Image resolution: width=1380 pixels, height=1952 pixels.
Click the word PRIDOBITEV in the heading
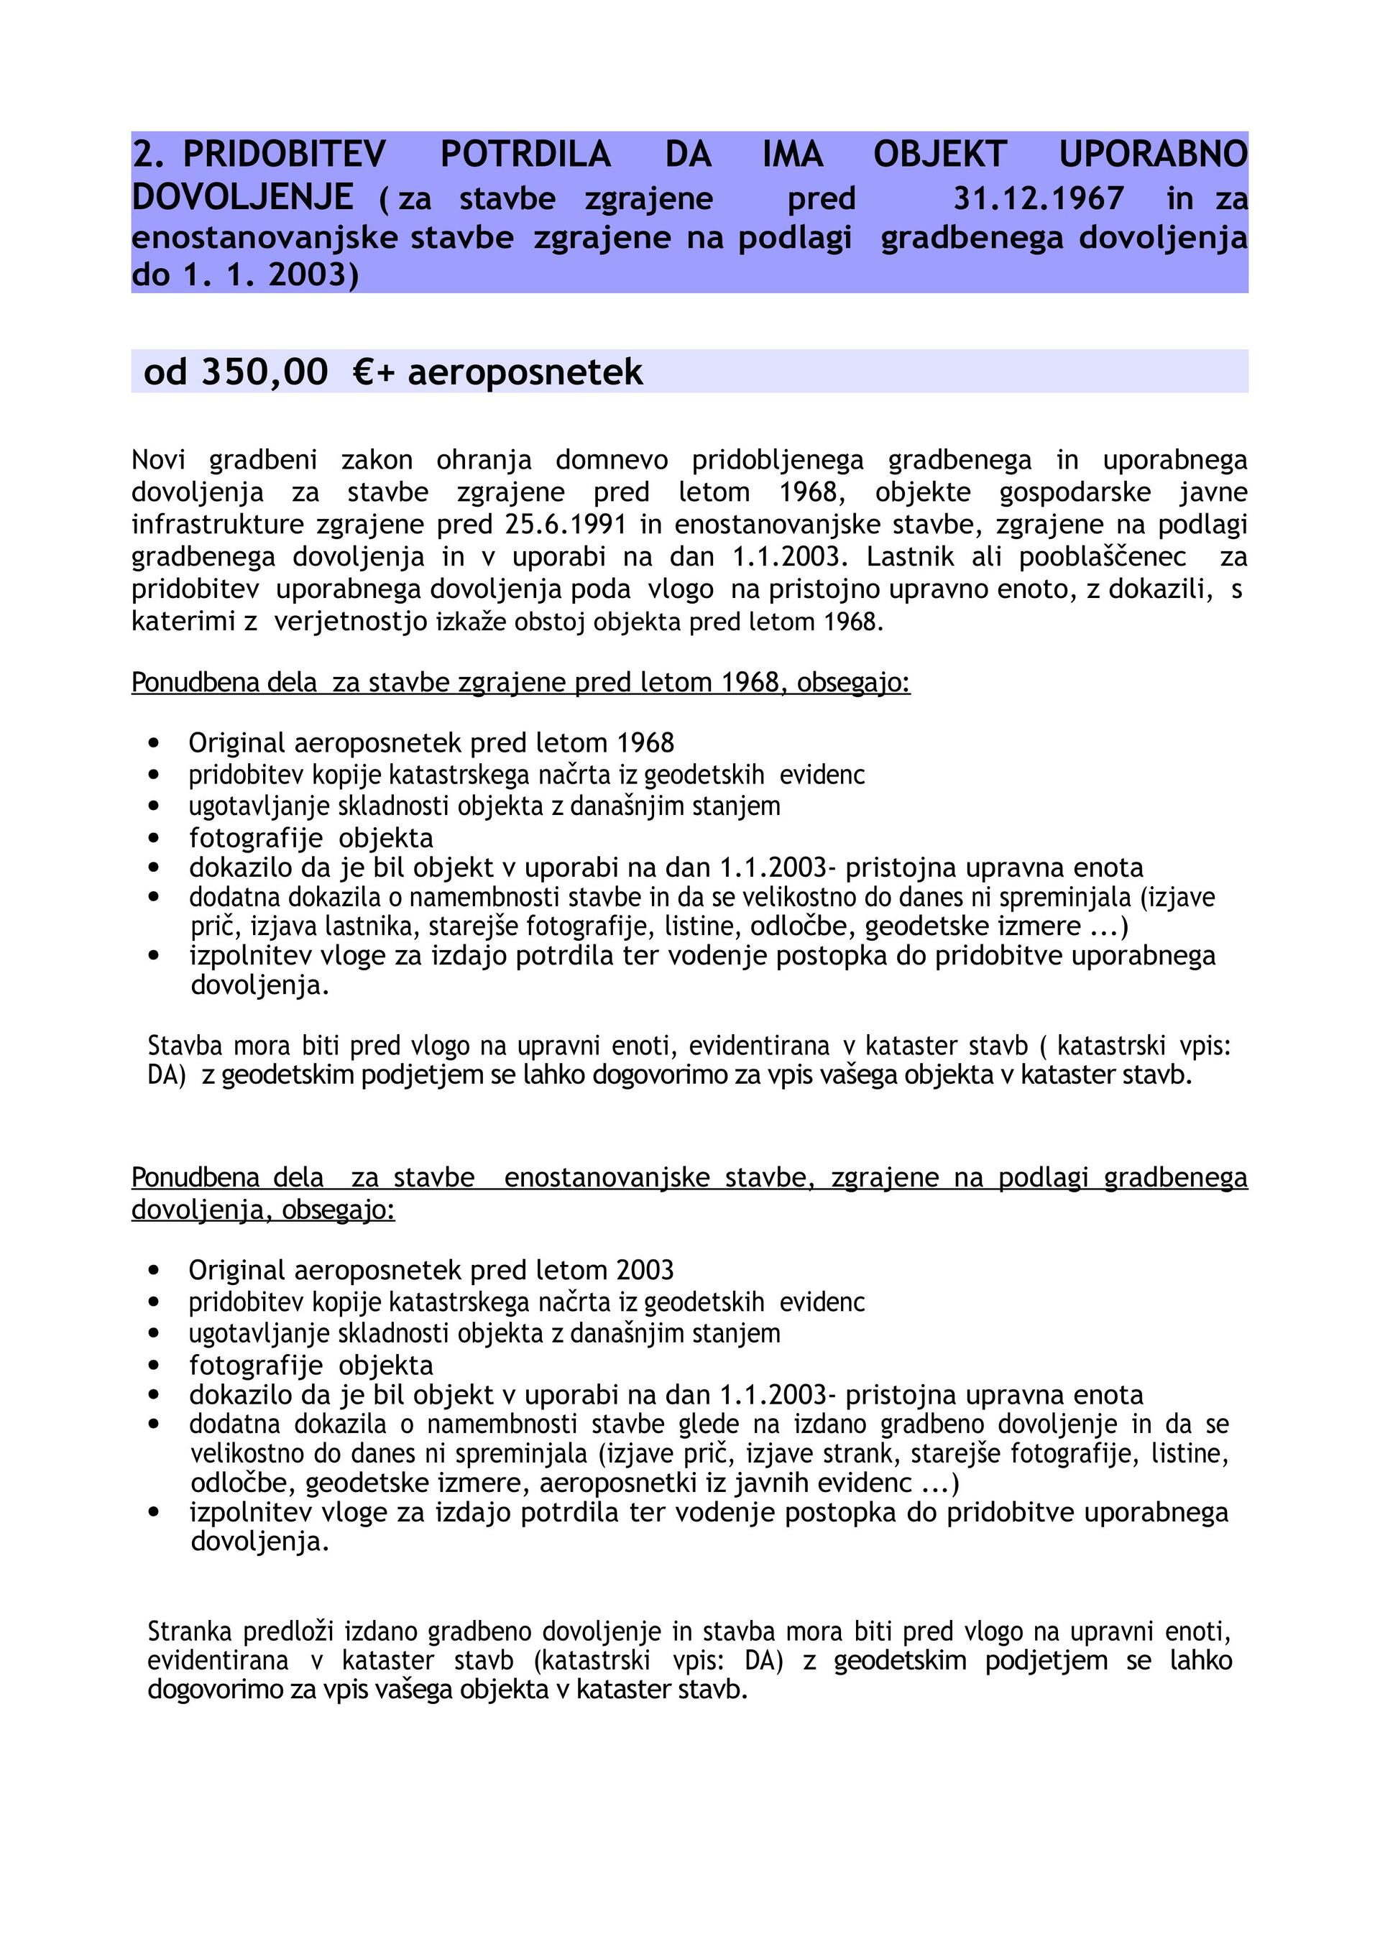tap(284, 154)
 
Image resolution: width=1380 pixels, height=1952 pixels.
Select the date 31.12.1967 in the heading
tap(1038, 198)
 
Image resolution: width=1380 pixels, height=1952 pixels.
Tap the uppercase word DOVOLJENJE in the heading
tap(242, 197)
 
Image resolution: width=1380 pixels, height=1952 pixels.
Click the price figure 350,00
tap(264, 372)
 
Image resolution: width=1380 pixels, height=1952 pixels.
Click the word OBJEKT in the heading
tap(939, 154)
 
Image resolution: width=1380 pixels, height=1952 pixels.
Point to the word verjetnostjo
tap(350, 622)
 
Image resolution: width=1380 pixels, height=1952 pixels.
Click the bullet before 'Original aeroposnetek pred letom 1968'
tap(154, 743)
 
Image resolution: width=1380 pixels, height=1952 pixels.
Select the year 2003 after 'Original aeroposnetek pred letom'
tap(645, 1270)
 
